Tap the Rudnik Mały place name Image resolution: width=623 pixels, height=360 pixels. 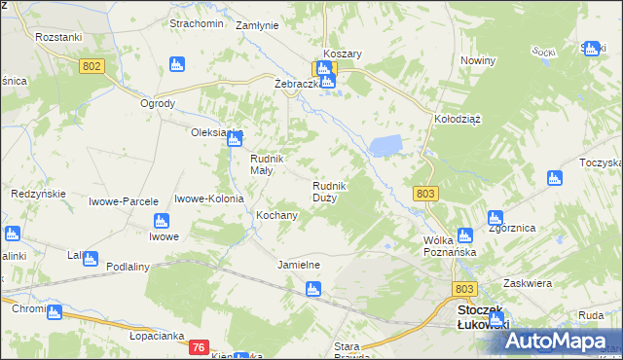coord(266,164)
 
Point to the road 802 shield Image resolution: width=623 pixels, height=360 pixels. coord(92,65)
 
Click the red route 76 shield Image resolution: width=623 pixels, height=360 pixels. coord(198,347)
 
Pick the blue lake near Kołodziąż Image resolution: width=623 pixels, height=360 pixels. coord(385,146)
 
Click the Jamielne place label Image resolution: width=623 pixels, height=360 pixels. coord(299,265)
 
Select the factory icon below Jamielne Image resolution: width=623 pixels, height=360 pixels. coord(312,288)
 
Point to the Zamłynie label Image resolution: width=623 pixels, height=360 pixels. coord(258,25)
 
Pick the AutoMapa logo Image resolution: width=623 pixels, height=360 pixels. coord(558,341)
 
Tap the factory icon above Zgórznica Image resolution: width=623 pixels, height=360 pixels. coord(495,218)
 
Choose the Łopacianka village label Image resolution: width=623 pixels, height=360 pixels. coord(157,336)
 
